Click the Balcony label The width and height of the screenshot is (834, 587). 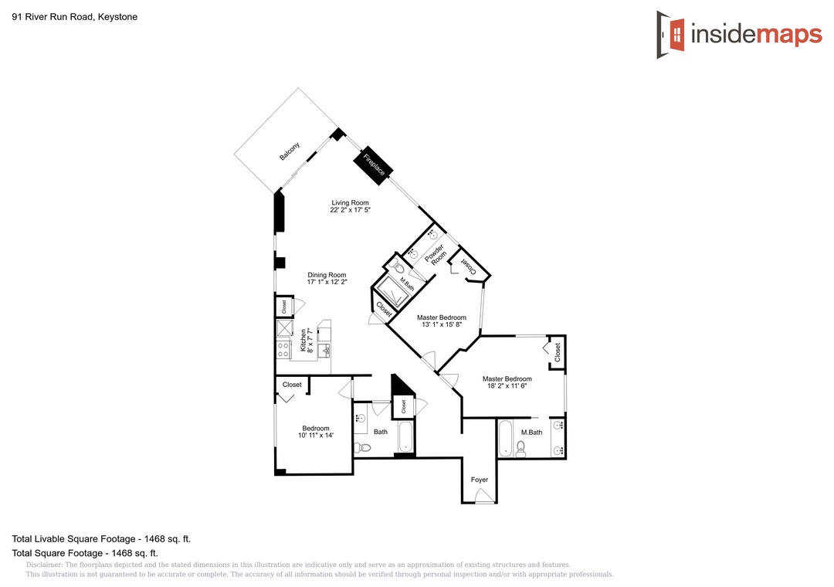click(290, 151)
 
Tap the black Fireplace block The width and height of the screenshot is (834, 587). click(374, 165)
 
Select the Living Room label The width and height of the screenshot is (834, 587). click(350, 203)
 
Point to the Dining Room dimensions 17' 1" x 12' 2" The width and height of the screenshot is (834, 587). click(327, 282)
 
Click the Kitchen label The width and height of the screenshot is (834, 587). click(303, 340)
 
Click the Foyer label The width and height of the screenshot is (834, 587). click(480, 480)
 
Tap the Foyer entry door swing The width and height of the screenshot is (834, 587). click(484, 496)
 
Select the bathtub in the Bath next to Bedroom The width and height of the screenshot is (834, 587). click(405, 436)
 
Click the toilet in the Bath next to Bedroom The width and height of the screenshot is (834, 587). click(361, 447)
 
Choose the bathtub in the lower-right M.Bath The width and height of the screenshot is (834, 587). click(505, 439)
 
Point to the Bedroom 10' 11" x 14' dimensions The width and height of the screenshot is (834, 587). click(316, 436)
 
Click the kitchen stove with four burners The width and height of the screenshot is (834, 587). click(283, 349)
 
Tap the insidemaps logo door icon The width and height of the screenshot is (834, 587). click(671, 35)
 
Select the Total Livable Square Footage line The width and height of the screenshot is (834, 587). click(101, 538)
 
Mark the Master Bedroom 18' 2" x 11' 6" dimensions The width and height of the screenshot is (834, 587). click(507, 386)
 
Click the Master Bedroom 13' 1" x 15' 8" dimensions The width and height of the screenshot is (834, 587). click(442, 324)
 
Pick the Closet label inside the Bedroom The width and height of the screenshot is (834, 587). click(292, 384)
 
